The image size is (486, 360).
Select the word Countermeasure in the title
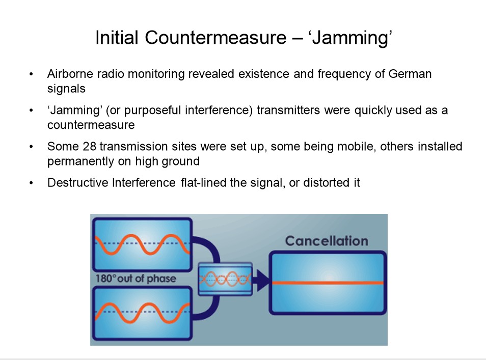tap(215, 38)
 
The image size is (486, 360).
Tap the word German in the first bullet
tap(410, 74)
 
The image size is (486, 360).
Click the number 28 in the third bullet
tap(90, 147)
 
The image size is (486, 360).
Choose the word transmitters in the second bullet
tap(288, 110)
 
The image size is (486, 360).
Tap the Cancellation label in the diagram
tap(327, 241)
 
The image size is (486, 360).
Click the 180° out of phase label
tap(136, 279)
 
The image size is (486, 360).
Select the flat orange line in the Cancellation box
tap(328, 283)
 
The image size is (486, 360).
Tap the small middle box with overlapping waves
tap(225, 279)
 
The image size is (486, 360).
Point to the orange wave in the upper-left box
tap(142, 244)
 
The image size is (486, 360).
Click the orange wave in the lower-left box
tap(142, 313)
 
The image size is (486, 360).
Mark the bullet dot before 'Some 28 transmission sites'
tap(31, 147)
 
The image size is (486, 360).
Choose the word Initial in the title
tap(117, 38)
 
